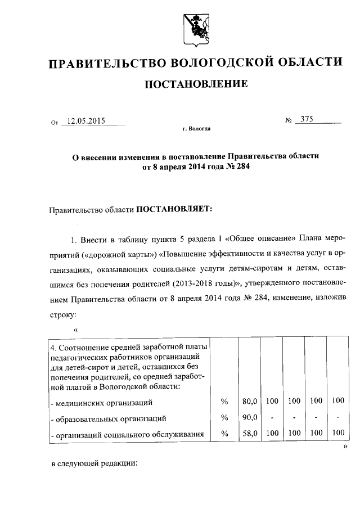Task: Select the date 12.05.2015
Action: (87, 120)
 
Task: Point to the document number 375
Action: (307, 119)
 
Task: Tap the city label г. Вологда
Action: (196, 129)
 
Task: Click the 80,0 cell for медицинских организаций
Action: (249, 402)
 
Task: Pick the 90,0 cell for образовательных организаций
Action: (249, 417)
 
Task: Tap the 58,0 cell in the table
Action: (249, 433)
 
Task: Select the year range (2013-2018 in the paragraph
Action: (200, 282)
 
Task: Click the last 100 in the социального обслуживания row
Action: (337, 433)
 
